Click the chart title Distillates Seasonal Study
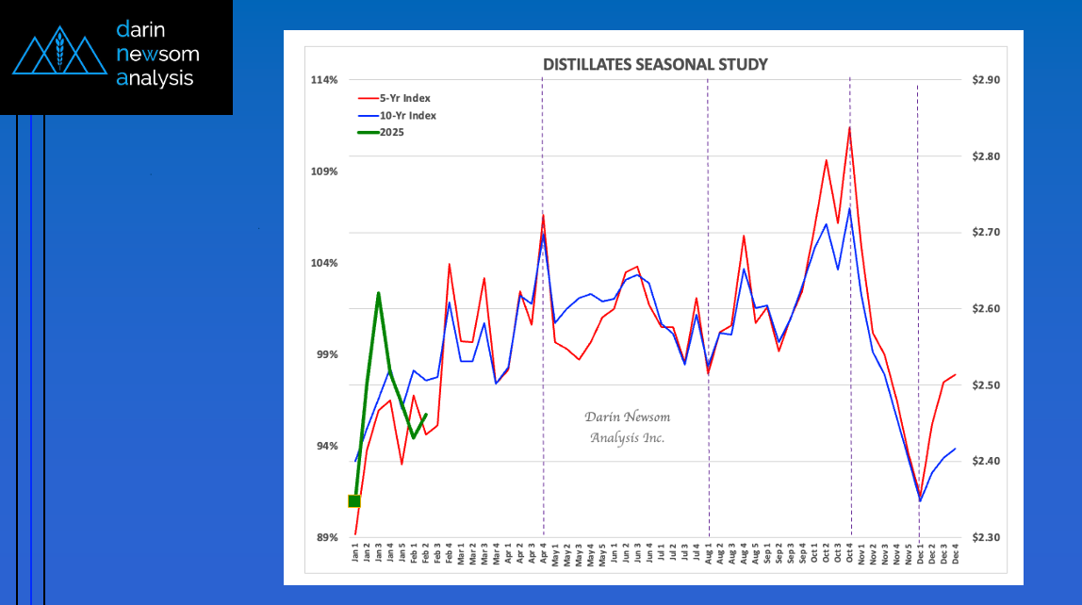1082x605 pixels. [x=655, y=65]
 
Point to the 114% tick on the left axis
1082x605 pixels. [x=324, y=80]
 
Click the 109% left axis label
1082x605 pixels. [x=324, y=172]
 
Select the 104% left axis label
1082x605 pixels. [x=324, y=263]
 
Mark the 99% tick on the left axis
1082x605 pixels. [x=326, y=354]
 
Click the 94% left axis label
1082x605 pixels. [x=326, y=446]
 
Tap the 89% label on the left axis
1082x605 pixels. [x=326, y=537]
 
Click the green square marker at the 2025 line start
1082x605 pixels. [x=354, y=501]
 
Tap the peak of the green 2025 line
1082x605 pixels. [x=378, y=293]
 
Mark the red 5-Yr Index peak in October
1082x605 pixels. [x=849, y=127]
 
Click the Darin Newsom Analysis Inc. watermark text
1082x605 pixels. [x=628, y=427]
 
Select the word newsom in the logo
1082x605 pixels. [x=157, y=54]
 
